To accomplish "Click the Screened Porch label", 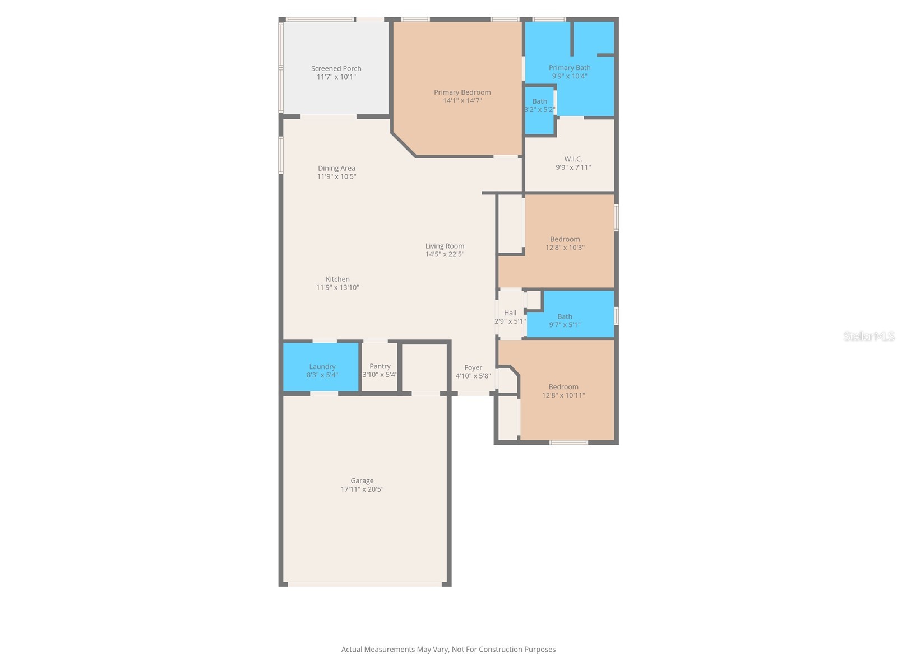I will tap(336, 68).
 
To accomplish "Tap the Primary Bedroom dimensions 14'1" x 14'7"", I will tap(462, 101).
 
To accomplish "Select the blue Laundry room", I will tap(321, 367).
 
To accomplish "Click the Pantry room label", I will tap(380, 366).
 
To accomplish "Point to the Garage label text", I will tap(362, 480).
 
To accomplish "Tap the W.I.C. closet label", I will tap(573, 159).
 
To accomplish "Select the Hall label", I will tap(510, 313).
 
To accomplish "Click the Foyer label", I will tap(473, 368).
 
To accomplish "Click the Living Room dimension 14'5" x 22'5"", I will tap(445, 254).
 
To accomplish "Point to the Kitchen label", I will tap(337, 279).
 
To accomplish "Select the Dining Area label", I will tap(336, 168).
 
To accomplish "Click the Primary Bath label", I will tap(569, 68).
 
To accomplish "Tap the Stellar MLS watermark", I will tap(868, 336).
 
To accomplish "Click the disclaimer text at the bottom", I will tap(448, 650).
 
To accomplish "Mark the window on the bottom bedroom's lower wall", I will tap(568, 442).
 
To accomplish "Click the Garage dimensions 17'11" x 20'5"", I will tap(362, 489).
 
